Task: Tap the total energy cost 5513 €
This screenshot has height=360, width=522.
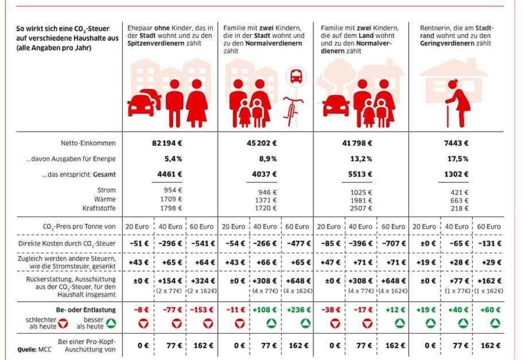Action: tap(360, 174)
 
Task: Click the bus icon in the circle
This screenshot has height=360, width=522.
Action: tap(295, 77)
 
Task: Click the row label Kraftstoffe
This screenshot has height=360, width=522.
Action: tap(99, 208)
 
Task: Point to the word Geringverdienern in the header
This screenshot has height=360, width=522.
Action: tap(444, 44)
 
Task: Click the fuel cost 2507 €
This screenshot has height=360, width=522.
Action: tap(360, 208)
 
